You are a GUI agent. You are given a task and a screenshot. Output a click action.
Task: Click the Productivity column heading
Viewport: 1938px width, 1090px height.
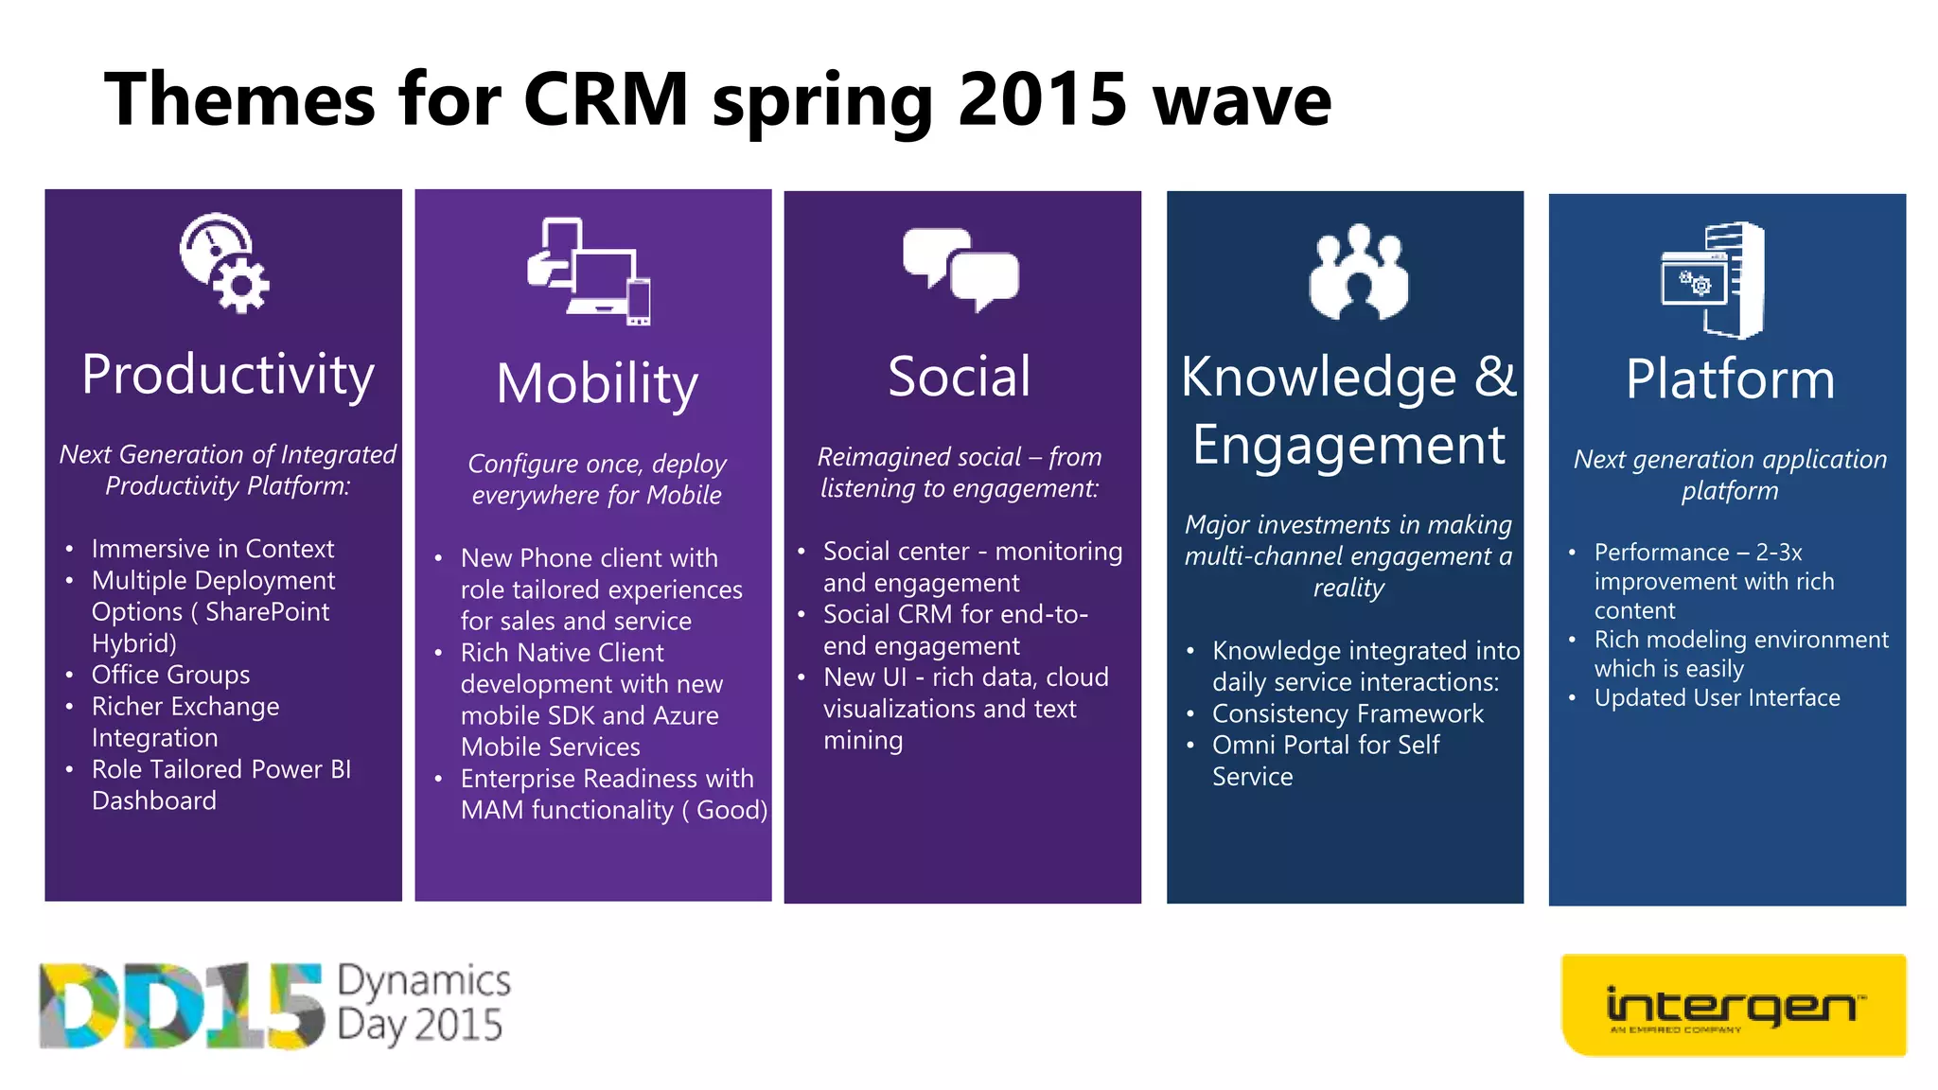[227, 376]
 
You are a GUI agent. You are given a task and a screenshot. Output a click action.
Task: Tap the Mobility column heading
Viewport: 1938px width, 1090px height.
[597, 384]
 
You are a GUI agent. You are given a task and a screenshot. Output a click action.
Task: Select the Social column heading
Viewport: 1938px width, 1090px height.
[960, 377]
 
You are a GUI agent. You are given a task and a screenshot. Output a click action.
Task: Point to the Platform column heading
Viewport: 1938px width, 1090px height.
[1730, 379]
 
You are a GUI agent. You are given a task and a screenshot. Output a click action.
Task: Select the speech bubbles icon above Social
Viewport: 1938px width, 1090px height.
[960, 269]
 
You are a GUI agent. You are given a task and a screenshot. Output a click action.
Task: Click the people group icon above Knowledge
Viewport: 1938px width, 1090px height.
[1359, 273]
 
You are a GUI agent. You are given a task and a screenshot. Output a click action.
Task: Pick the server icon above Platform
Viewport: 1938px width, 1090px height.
[1714, 280]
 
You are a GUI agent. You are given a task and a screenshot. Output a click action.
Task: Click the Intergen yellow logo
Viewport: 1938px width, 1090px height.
[1733, 1005]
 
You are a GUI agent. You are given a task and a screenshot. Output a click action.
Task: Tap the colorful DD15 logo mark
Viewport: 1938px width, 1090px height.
[180, 1006]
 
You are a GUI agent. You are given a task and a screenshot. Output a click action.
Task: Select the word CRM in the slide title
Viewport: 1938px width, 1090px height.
[606, 99]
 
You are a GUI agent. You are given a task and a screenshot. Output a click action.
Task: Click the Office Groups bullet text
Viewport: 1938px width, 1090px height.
[170, 675]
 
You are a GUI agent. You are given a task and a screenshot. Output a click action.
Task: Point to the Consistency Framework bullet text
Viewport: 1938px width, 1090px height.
[1348, 713]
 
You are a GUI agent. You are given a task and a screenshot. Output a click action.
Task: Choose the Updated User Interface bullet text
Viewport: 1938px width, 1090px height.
[1717, 698]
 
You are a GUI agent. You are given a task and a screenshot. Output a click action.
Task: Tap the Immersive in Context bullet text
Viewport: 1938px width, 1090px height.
[213, 549]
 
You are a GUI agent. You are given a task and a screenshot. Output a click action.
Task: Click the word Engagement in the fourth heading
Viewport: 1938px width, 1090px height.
[1348, 445]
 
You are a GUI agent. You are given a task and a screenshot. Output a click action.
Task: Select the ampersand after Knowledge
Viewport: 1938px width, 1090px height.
[1494, 377]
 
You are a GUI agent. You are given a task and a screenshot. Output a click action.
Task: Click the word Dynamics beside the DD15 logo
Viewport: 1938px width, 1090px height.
[424, 981]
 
